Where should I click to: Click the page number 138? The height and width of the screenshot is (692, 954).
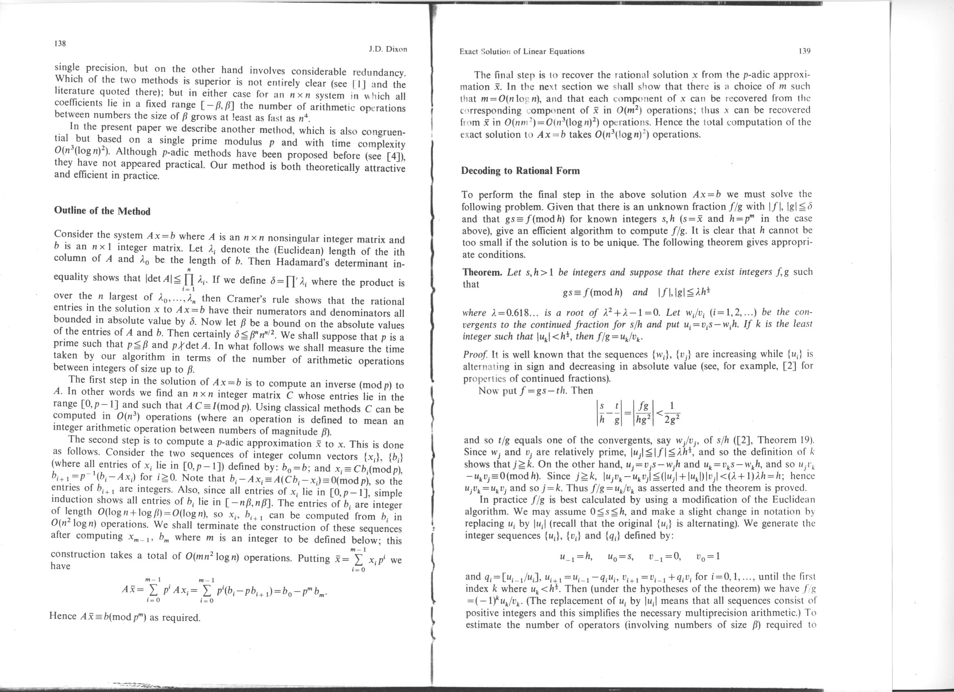coord(61,43)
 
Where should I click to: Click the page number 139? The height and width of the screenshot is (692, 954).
coord(804,51)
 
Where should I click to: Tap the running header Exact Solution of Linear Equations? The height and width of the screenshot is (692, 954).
coord(522,52)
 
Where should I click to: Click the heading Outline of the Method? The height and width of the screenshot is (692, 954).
coord(102,211)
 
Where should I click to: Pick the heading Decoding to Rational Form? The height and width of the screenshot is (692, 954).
coord(520,171)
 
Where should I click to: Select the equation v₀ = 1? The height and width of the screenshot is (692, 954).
coord(708,556)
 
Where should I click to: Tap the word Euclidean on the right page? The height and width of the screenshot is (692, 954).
coord(793,500)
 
